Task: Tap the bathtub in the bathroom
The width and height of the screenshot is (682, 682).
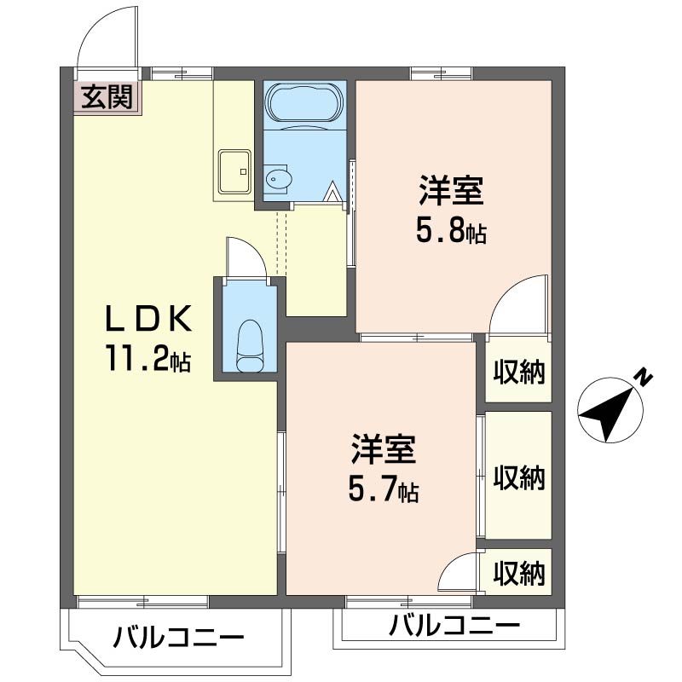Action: click(305, 104)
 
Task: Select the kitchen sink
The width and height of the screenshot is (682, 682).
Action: click(235, 171)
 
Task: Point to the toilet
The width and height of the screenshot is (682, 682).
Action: click(250, 346)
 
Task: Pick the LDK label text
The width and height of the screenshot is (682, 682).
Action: click(147, 320)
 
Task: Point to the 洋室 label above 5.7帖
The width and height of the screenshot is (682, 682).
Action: click(384, 449)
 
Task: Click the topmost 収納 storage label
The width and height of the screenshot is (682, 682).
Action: click(518, 372)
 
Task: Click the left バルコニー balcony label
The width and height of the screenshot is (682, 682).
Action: click(179, 639)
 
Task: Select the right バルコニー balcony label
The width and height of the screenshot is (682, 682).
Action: click(454, 625)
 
